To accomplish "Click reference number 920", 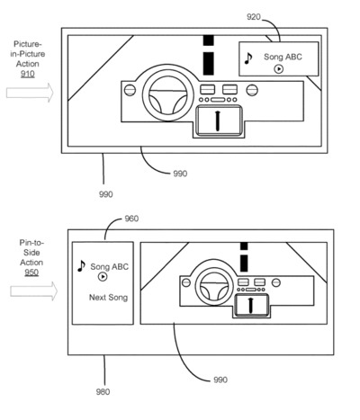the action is point(254,17).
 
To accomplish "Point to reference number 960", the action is point(131,219).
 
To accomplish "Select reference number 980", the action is point(103,391).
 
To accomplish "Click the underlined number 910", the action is point(28,74).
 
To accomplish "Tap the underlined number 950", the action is point(31,273).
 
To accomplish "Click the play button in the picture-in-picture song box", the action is point(279,69).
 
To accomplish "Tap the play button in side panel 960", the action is point(103,277).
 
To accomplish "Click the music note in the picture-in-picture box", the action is point(248,58).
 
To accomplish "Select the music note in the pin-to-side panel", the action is point(81,266).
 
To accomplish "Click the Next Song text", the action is point(108,298).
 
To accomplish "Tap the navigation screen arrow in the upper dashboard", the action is point(218,121).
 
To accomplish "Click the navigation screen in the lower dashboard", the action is point(251,305).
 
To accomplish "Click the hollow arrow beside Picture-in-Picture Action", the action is point(30,93).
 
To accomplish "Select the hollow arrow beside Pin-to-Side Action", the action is point(34,291).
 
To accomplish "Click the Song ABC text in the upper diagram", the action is point(283,57).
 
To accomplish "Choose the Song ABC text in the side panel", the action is point(109,266).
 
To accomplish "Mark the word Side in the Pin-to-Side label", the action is point(31,253).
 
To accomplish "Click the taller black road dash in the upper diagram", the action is point(209,63).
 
